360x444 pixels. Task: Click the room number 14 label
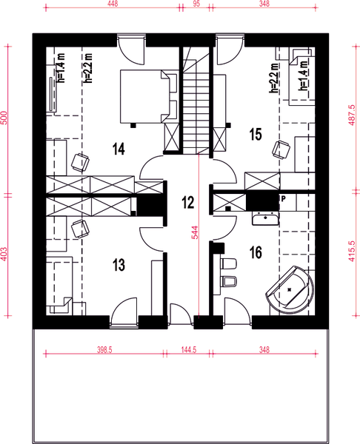click(x=119, y=149)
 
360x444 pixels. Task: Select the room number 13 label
click(x=118, y=263)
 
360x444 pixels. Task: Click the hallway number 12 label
click(x=187, y=201)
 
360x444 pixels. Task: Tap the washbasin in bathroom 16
click(x=264, y=218)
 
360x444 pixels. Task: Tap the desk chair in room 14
click(x=80, y=161)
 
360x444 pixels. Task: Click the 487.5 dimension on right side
click(x=350, y=115)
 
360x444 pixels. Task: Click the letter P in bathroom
click(x=282, y=200)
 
